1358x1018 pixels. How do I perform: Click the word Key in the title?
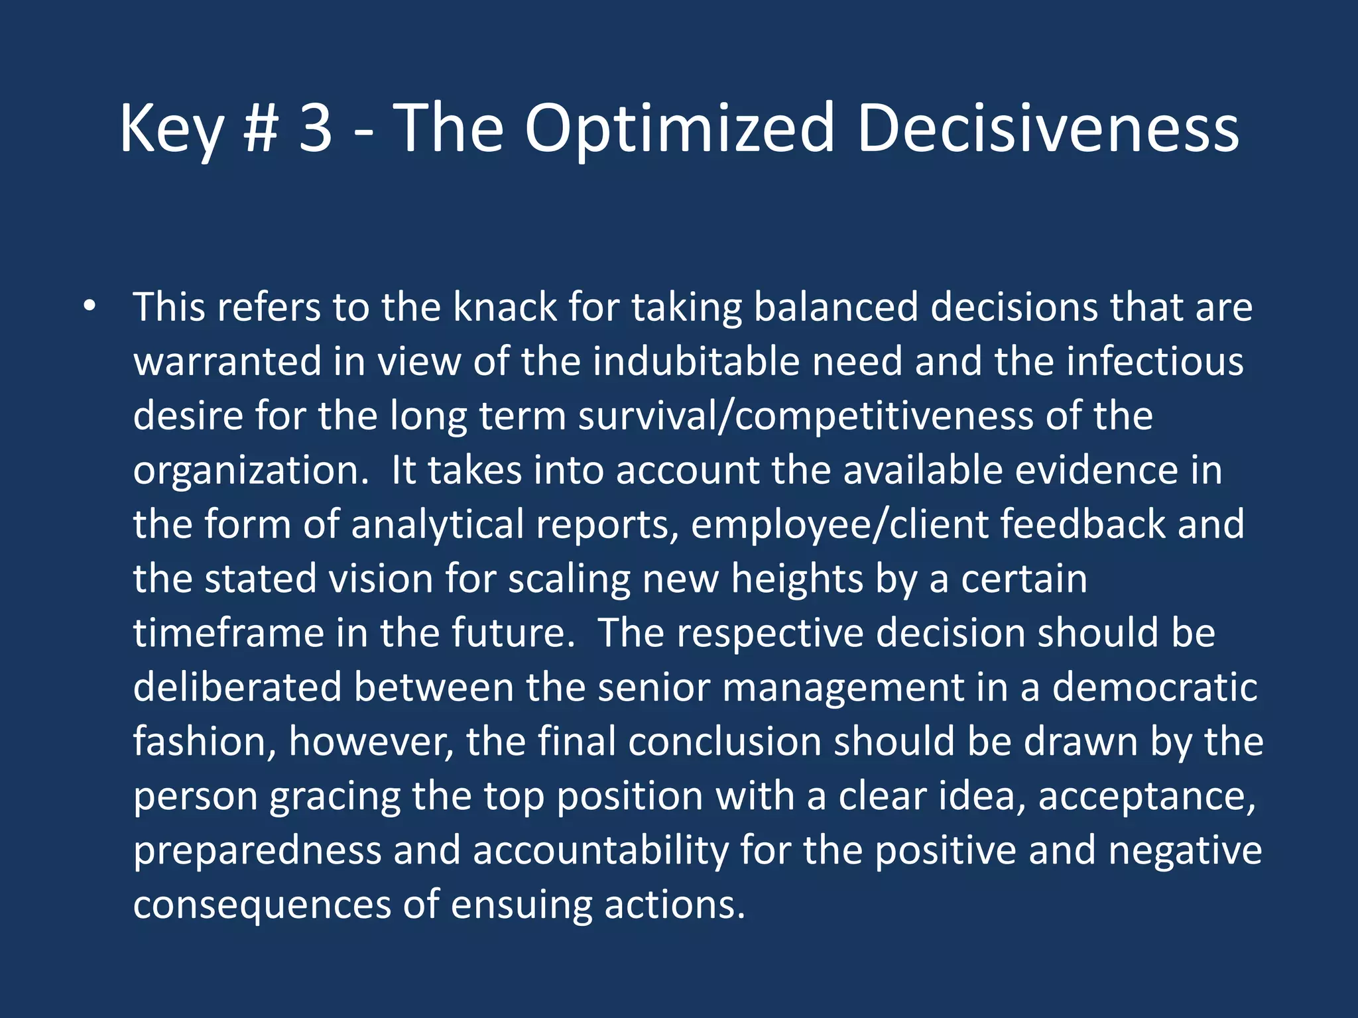[171, 129]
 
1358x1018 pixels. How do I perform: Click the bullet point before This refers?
[90, 307]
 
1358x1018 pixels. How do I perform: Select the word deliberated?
[237, 687]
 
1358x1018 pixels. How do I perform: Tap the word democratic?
[1154, 687]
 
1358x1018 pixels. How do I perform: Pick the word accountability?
[600, 851]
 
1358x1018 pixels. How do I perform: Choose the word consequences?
[262, 905]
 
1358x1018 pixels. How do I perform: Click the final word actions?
[674, 905]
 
